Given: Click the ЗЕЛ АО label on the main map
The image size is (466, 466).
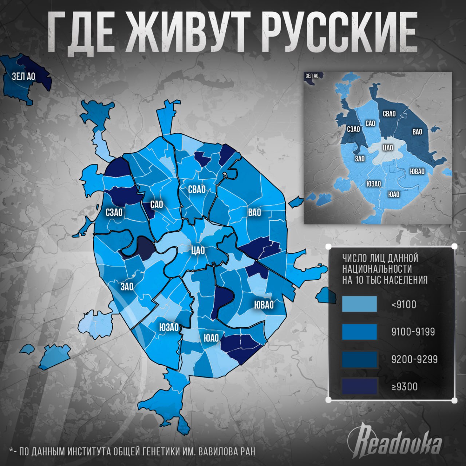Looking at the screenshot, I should [24, 76].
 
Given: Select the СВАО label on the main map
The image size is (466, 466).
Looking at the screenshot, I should [197, 189].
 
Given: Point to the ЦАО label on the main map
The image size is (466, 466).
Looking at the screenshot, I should [198, 250].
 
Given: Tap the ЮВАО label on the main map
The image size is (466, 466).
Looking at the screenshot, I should [264, 305].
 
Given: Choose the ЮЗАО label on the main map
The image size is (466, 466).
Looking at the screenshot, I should [169, 327].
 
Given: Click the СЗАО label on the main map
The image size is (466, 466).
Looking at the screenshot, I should [114, 212].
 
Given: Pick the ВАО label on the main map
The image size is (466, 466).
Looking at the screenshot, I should [254, 212].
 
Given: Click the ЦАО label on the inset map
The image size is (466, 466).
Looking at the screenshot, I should [388, 148].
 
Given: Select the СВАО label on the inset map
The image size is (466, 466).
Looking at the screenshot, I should [389, 114].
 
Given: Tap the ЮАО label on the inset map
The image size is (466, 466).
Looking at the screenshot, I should [394, 194].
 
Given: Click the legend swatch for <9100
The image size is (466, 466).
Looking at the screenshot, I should [359, 304].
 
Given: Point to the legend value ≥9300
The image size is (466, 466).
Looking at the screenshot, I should [404, 387].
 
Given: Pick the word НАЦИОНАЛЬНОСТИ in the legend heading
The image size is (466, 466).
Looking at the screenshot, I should [377, 269].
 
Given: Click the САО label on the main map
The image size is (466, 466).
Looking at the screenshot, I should [157, 205].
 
